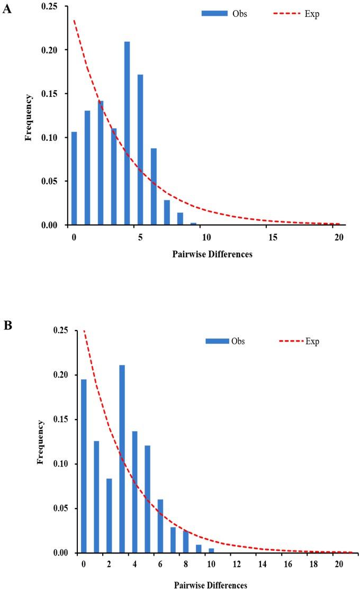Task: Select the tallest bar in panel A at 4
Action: pyautogui.click(x=127, y=133)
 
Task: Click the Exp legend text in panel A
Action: pyautogui.click(x=312, y=13)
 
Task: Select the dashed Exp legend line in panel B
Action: pyautogui.click(x=291, y=341)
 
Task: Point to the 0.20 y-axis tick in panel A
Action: pyautogui.click(x=55, y=50)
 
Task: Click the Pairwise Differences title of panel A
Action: pyautogui.click(x=212, y=254)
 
